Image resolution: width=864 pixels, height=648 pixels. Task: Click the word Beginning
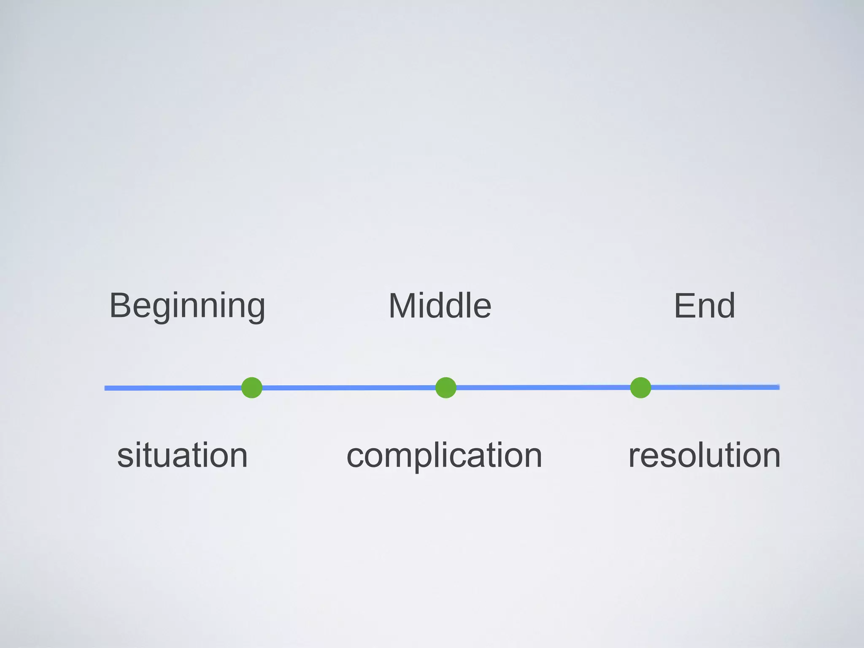187,306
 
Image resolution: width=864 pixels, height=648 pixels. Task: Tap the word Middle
440,306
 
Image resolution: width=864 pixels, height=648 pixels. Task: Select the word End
705,306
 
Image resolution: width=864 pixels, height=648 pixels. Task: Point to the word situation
182,455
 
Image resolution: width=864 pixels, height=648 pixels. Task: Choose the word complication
444,455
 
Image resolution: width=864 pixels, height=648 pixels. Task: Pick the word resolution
704,455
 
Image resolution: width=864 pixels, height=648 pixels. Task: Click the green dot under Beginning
252,388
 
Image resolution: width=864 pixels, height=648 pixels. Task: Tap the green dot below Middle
446,388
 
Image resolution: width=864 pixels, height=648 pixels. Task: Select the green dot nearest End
640,388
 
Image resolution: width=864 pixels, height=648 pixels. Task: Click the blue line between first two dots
348,388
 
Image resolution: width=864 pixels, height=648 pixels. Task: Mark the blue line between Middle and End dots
543,387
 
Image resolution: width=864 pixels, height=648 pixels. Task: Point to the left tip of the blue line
106,388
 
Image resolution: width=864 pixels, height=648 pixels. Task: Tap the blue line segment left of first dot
173,388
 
